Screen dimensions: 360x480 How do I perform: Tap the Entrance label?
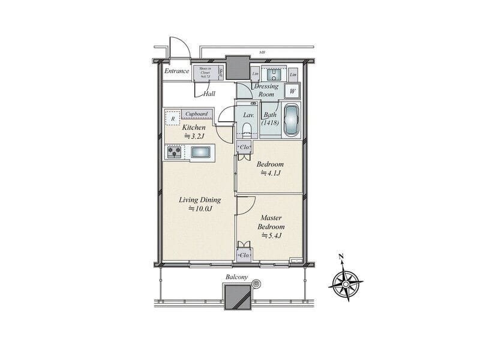[177, 71]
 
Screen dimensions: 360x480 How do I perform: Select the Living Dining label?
[200, 200]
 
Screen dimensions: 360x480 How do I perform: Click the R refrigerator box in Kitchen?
[173, 118]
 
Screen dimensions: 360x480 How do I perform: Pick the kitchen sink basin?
[200, 153]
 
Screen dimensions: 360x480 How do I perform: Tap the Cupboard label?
[197, 114]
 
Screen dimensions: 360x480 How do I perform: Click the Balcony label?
[237, 277]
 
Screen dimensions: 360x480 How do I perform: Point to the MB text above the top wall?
[262, 53]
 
